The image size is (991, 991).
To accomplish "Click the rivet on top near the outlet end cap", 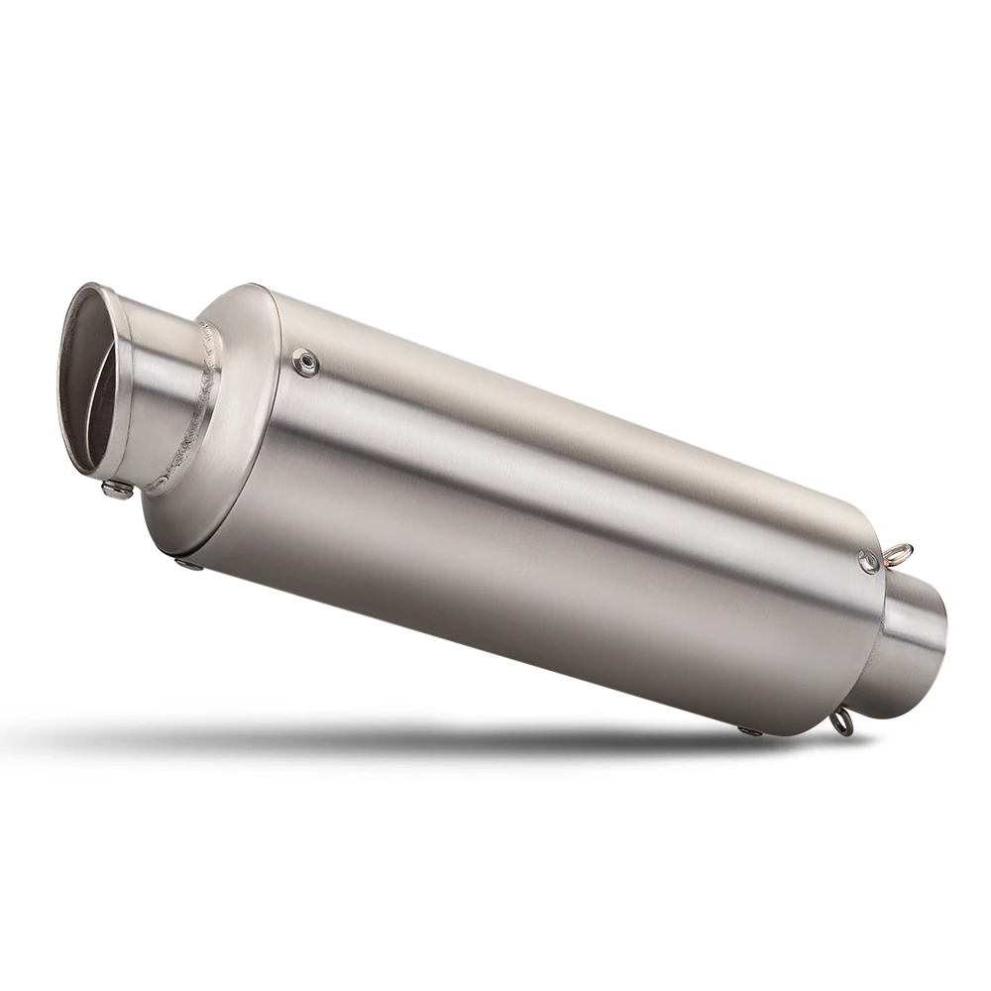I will pyautogui.click(x=306, y=365).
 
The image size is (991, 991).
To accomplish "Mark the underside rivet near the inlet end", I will pyautogui.click(x=750, y=731).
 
